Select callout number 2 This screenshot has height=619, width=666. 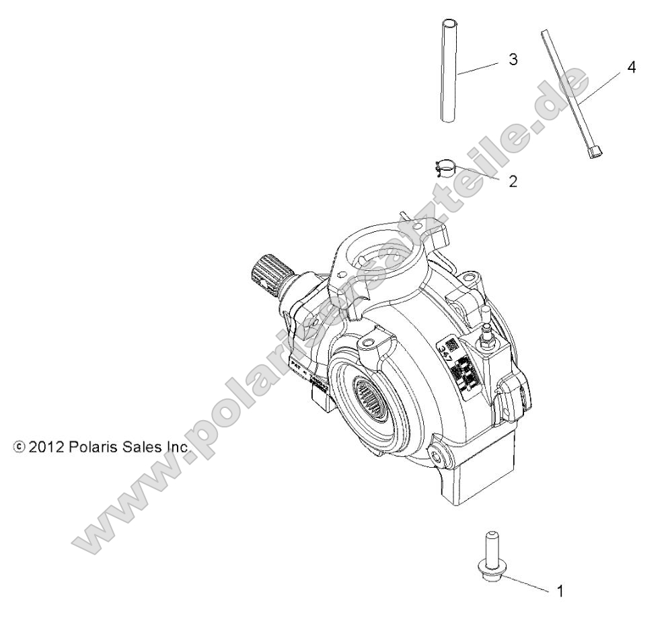pyautogui.click(x=513, y=181)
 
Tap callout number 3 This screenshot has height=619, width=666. pyautogui.click(x=513, y=60)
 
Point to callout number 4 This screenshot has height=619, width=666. pyautogui.click(x=630, y=68)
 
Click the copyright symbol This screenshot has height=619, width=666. pyautogui.click(x=18, y=447)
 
